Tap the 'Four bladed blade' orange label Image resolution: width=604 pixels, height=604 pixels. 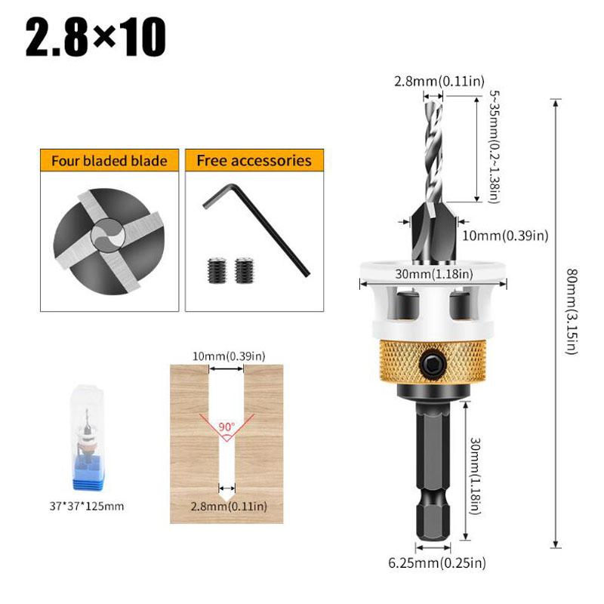[109, 161]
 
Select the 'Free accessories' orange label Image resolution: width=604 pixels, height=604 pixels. [254, 161]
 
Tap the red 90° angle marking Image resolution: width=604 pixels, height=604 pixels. [226, 426]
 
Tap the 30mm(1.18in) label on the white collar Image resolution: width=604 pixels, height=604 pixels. [432, 273]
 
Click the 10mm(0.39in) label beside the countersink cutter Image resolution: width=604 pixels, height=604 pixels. [504, 236]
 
